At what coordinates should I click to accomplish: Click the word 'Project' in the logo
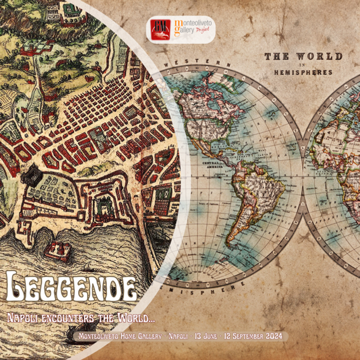(x=205, y=33)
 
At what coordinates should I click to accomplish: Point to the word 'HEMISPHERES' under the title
(x=303, y=73)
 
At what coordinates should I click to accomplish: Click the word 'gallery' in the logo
(x=184, y=31)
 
